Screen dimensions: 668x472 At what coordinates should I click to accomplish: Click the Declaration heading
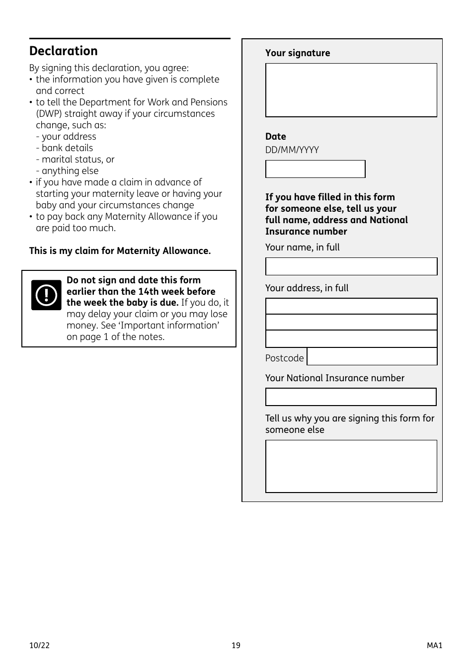(x=64, y=51)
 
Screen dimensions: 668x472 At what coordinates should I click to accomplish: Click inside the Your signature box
(x=351, y=90)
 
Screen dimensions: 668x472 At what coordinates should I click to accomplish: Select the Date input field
(x=315, y=169)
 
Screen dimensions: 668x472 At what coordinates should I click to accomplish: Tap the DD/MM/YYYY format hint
(x=292, y=150)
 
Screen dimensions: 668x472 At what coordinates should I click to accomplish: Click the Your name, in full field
(x=351, y=266)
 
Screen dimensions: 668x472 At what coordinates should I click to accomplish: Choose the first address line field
(x=351, y=306)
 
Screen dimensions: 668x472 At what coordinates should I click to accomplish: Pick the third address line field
(x=351, y=339)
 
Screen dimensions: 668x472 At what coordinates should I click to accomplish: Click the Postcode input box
(x=372, y=356)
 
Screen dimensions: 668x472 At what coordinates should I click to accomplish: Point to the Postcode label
(x=284, y=358)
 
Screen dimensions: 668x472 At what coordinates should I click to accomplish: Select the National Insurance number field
(x=351, y=397)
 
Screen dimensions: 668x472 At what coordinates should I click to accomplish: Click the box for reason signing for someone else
(x=351, y=466)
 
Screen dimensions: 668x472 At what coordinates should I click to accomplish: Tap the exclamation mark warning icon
(x=46, y=295)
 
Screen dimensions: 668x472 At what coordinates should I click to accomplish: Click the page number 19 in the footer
(x=236, y=646)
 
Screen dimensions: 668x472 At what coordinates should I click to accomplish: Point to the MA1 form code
(x=434, y=646)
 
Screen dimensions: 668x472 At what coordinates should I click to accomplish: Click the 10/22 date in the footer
(x=39, y=646)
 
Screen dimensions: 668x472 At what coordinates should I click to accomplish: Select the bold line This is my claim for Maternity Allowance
(x=120, y=251)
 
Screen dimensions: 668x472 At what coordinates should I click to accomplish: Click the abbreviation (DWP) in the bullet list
(x=49, y=114)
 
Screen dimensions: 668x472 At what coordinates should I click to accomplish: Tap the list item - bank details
(x=65, y=148)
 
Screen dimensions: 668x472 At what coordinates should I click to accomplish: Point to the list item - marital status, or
(x=75, y=160)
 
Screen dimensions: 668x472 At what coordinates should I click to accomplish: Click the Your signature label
(x=298, y=53)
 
